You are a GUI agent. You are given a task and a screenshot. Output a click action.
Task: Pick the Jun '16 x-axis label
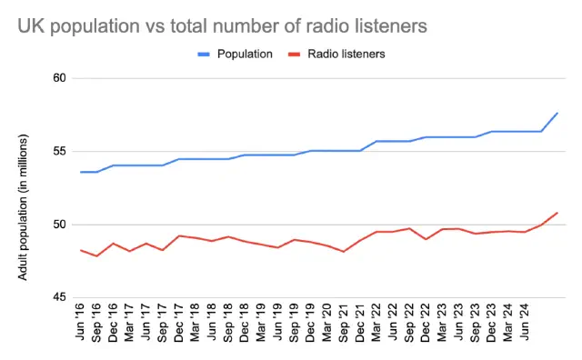coord(83,325)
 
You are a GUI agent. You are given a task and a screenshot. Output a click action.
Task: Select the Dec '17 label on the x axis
coord(180,325)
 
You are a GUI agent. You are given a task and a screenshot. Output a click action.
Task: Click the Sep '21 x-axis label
coord(344,325)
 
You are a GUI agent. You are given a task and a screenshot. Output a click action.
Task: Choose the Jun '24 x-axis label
coord(525,325)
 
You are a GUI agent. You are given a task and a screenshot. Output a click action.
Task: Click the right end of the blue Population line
coord(557,113)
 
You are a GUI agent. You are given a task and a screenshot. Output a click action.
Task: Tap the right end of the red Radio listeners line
coord(557,213)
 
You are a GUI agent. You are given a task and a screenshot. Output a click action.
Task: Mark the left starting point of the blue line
coord(81,172)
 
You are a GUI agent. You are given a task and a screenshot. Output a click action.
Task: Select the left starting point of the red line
coord(81,250)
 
